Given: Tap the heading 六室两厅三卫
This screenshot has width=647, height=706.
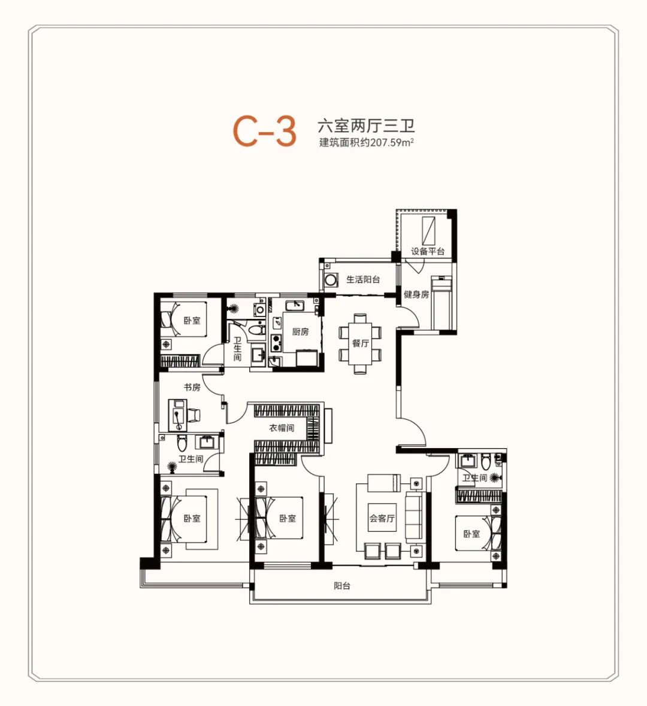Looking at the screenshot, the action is (x=366, y=125).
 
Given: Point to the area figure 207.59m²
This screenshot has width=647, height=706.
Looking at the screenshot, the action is (x=392, y=143).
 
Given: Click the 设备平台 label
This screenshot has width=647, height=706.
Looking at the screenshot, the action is (x=427, y=251).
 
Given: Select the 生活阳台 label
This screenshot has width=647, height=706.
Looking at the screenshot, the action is (x=363, y=279).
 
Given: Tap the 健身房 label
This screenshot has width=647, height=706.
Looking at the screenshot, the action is (x=416, y=294).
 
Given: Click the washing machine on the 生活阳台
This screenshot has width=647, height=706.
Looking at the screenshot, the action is (x=331, y=280).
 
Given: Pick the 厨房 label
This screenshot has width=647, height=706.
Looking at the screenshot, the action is (x=300, y=332).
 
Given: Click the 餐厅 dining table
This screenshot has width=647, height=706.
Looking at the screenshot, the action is (x=360, y=343).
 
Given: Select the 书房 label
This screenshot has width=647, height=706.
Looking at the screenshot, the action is (x=192, y=387).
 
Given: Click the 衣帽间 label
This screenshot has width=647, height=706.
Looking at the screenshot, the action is (x=282, y=428).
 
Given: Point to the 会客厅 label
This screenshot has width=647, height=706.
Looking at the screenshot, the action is (x=382, y=518).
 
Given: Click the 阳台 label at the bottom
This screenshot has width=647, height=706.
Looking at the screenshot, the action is (x=341, y=586).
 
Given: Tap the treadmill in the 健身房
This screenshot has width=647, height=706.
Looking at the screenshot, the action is (x=441, y=303).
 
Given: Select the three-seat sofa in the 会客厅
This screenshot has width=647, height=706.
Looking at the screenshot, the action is (x=413, y=516).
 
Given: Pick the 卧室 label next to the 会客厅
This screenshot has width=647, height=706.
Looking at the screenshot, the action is (x=471, y=534).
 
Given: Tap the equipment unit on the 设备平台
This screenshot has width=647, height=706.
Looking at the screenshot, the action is (x=428, y=230).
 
